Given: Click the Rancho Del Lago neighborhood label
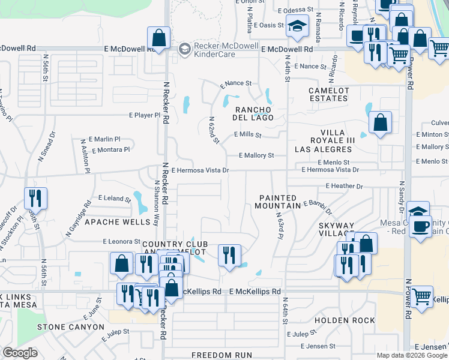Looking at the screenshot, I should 254,113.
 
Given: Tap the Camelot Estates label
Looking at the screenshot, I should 328,95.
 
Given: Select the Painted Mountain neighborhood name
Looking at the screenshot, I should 279,202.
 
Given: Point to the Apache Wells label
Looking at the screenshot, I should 117,221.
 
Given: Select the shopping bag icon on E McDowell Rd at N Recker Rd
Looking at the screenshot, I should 159,38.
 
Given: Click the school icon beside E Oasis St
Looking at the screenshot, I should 297,26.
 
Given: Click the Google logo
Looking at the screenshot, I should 20,353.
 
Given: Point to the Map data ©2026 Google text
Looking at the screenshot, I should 412,355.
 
